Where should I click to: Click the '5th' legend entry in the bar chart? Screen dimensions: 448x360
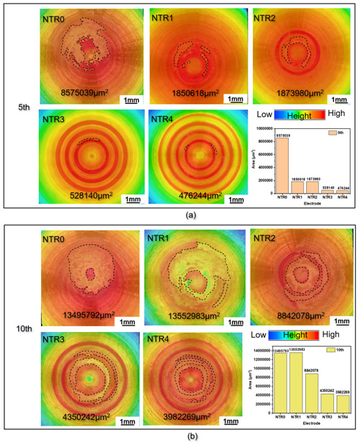[x=336, y=134]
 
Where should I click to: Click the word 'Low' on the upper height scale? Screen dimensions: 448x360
[x=264, y=115]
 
